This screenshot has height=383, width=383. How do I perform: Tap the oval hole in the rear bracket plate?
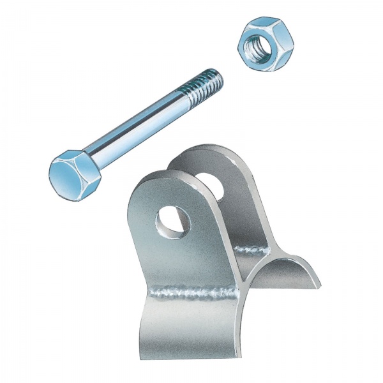pos(213,183)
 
